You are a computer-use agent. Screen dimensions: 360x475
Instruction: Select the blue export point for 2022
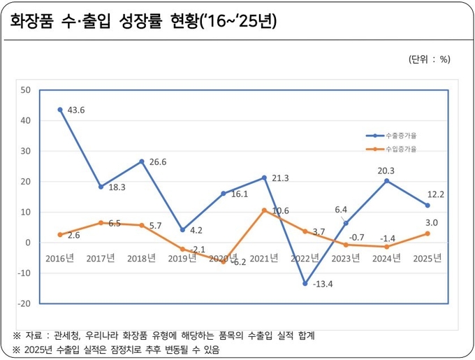[x=305, y=284]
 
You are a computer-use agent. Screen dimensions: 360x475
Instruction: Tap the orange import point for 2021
[x=264, y=210]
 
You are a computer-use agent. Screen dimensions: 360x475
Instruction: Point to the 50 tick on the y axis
[x=26, y=90]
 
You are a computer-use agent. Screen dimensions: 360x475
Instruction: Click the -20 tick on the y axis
[x=24, y=304]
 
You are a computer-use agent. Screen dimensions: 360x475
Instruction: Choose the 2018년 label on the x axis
[x=141, y=259]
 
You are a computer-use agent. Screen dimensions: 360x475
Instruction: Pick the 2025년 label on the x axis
[x=427, y=259]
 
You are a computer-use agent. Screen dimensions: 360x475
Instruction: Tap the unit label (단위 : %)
[x=428, y=59]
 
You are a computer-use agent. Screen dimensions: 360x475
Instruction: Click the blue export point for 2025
[x=427, y=206]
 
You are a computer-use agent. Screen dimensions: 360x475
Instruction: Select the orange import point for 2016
[x=60, y=235]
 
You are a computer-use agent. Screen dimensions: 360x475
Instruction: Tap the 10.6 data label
[x=281, y=210]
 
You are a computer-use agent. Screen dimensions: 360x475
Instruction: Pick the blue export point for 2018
[x=141, y=161]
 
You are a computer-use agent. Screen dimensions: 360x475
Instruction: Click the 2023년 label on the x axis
[x=346, y=259]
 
